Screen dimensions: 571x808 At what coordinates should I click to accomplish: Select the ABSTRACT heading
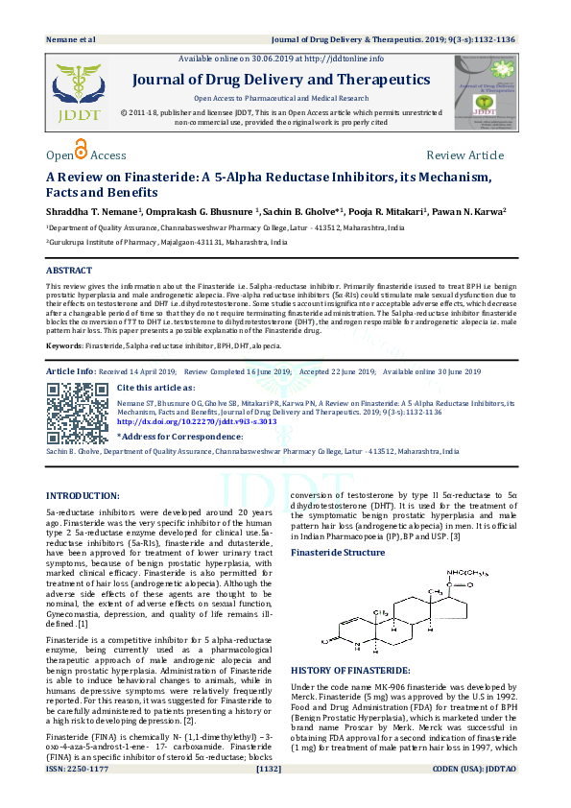click(x=70, y=272)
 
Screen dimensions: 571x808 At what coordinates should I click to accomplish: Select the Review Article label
click(x=464, y=155)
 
